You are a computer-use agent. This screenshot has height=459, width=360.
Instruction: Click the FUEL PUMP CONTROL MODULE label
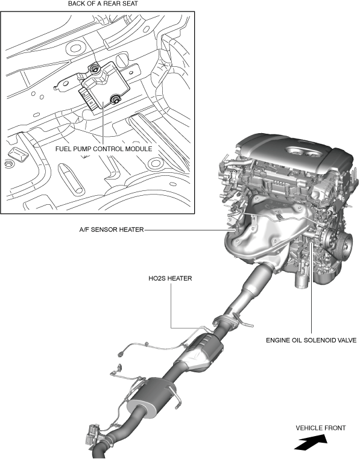click(x=104, y=149)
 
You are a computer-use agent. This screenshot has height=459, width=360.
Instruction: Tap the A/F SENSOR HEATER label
click(x=112, y=230)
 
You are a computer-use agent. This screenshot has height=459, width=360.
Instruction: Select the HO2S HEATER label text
click(x=170, y=278)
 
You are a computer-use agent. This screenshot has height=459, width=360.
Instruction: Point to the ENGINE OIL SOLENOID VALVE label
click(x=311, y=340)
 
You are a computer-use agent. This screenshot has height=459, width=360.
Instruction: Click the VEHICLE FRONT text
click(x=321, y=428)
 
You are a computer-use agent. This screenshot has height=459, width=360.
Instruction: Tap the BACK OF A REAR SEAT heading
click(x=103, y=4)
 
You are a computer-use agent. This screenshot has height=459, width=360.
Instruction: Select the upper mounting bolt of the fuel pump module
click(x=95, y=69)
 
